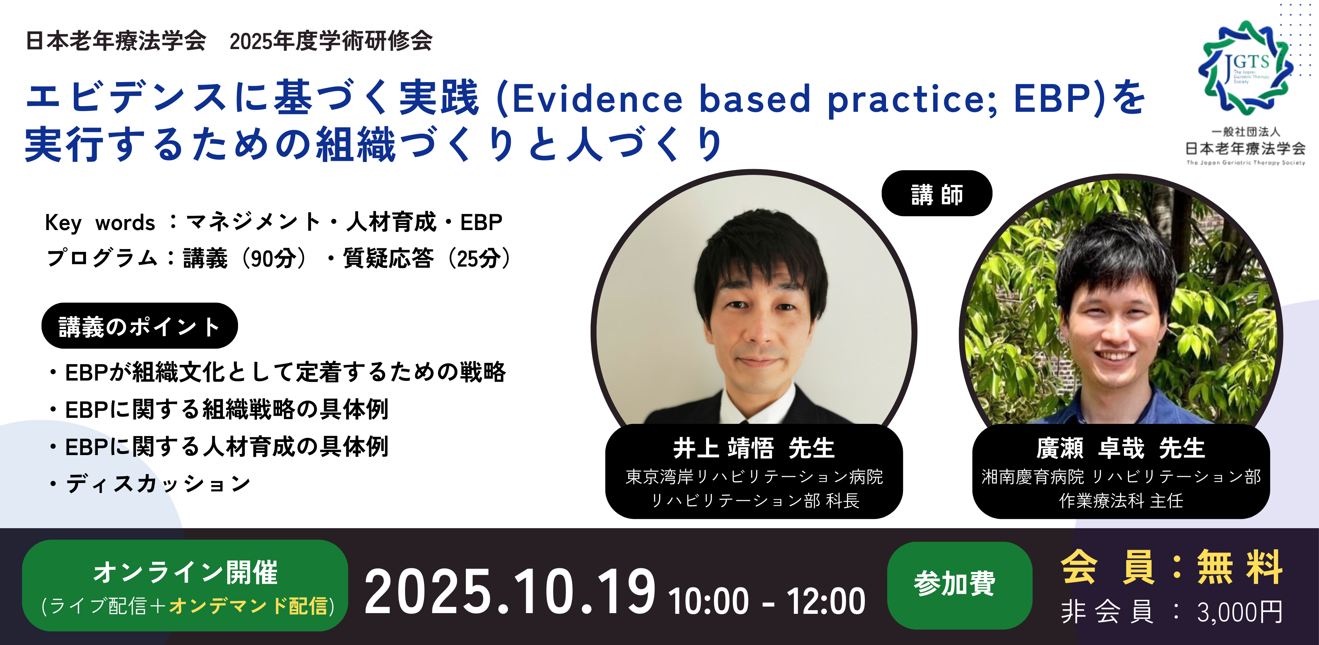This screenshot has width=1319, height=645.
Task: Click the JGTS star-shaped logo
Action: [1245, 68]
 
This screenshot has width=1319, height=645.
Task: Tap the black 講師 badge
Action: [937, 193]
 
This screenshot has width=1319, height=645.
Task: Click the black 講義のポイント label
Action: [139, 326]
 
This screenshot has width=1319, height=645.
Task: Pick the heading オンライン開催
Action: [185, 572]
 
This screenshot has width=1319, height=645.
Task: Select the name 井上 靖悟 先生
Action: [754, 448]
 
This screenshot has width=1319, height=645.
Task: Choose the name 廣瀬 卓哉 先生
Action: [1120, 448]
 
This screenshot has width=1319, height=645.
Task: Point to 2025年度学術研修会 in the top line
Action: [331, 41]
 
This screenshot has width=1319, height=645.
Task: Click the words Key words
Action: [100, 223]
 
